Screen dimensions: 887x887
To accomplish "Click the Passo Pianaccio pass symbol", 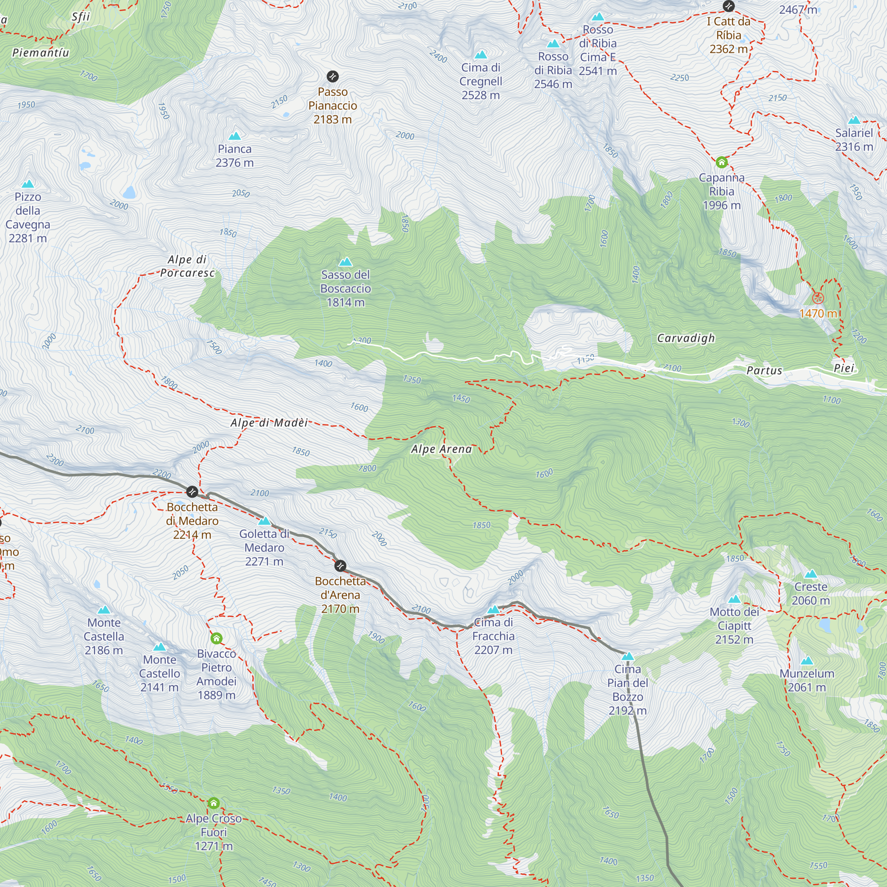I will [x=332, y=76].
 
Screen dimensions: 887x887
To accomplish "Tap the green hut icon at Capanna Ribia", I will [x=721, y=162].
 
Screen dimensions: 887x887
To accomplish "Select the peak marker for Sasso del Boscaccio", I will [x=345, y=262].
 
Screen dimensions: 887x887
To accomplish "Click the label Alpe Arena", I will [x=441, y=449].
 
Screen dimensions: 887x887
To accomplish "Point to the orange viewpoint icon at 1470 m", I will [x=818, y=298].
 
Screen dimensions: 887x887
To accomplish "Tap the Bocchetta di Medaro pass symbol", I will [x=192, y=492].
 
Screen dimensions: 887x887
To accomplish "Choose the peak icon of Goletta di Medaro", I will [x=264, y=521].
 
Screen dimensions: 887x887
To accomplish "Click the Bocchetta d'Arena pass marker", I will [x=340, y=565].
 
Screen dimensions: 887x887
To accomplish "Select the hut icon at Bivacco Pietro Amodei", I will [x=216, y=638].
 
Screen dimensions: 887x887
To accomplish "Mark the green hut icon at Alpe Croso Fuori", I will [x=213, y=803].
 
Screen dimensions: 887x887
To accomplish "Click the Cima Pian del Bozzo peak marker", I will [x=627, y=656].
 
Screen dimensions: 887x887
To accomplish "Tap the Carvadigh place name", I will [x=686, y=338].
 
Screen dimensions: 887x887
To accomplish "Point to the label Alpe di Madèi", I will [x=269, y=423].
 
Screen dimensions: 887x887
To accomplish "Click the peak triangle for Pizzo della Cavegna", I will [x=28, y=184].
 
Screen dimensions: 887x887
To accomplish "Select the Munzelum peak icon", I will [x=807, y=661].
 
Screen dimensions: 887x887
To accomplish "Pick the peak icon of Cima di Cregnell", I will [x=481, y=55].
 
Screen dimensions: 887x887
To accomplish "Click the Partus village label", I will [x=764, y=370].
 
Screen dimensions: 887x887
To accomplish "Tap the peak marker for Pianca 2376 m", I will [x=235, y=136].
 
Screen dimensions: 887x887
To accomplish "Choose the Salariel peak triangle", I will [x=854, y=120].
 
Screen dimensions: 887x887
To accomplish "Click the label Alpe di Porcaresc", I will [x=187, y=266].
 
